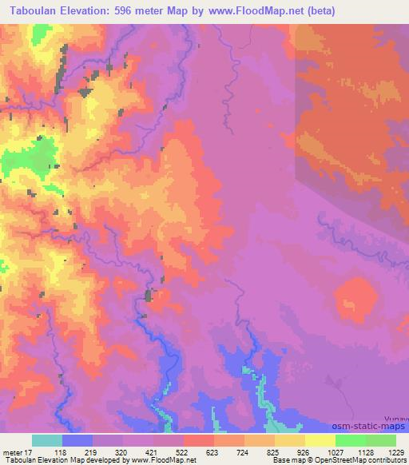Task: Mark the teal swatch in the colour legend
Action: [47, 440]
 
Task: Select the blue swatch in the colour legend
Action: [77, 440]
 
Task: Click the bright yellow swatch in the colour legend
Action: [320, 440]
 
